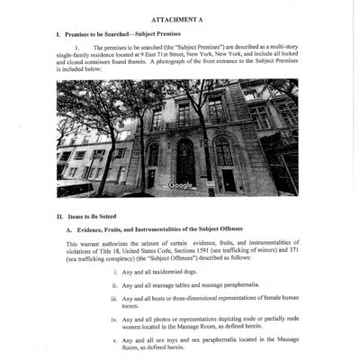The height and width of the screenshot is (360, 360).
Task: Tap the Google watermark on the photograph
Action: [181, 184]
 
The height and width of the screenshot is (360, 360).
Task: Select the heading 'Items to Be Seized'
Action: [95, 217]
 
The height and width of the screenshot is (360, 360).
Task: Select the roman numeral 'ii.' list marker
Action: [113, 285]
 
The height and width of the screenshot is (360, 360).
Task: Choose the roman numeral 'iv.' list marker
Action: [113, 319]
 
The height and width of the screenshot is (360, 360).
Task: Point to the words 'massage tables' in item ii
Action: [167, 285]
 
